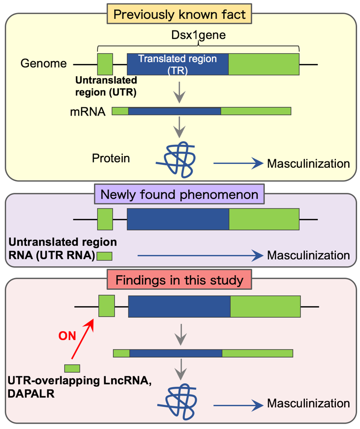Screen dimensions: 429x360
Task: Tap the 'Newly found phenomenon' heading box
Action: click(180, 194)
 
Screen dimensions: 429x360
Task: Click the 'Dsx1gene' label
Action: click(198, 35)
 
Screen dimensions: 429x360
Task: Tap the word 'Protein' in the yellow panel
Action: click(111, 158)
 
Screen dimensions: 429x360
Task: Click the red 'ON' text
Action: click(67, 336)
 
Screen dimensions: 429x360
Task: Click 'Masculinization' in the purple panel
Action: click(308, 255)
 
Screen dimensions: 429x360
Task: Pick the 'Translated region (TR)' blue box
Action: click(178, 63)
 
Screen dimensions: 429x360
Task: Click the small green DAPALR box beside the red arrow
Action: click(72, 368)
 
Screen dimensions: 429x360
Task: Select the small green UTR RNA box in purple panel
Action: click(104, 256)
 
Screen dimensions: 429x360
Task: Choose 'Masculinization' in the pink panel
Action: click(308, 404)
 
